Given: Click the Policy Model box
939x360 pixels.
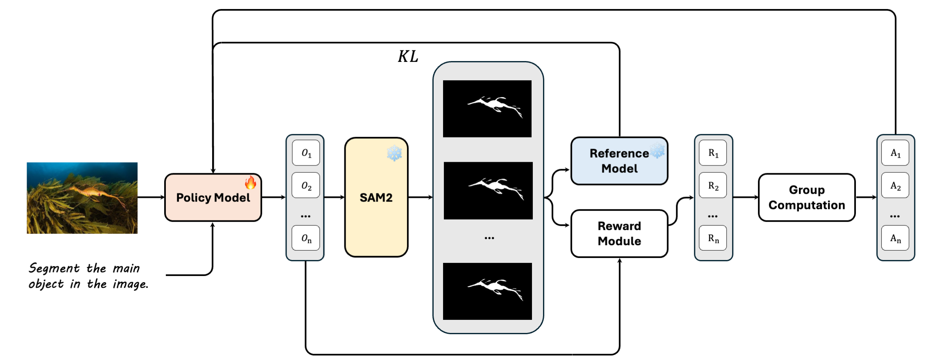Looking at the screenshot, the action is tap(213, 197).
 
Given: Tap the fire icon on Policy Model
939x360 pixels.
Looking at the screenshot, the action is tap(251, 182).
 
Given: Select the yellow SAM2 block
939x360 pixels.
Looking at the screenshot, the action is tap(376, 197).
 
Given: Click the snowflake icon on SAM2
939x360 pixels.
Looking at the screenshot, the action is tap(394, 153).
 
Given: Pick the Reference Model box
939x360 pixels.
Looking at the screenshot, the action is tap(619, 161).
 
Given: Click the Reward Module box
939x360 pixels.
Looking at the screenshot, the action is tap(619, 233).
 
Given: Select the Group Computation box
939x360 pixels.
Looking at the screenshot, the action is tap(807, 197).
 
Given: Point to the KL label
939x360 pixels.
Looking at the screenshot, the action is tap(408, 57).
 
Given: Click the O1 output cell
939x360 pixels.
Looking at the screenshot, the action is tap(306, 153).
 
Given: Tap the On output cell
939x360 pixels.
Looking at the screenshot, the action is tap(306, 238).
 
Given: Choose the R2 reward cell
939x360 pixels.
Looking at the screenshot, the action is tap(713, 186).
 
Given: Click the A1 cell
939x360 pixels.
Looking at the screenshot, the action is tap(895, 153).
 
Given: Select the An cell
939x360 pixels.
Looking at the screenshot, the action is tap(895, 238).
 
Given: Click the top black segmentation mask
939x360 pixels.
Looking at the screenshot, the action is tap(487, 109).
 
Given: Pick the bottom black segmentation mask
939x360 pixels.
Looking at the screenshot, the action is tap(487, 291).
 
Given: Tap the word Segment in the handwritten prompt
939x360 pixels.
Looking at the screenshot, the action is tap(54, 268).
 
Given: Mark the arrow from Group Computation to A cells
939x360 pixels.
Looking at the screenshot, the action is tap(866, 197).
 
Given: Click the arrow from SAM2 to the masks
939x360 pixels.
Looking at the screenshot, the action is tap(421, 197).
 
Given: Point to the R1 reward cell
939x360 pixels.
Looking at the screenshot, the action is tap(713, 153).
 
